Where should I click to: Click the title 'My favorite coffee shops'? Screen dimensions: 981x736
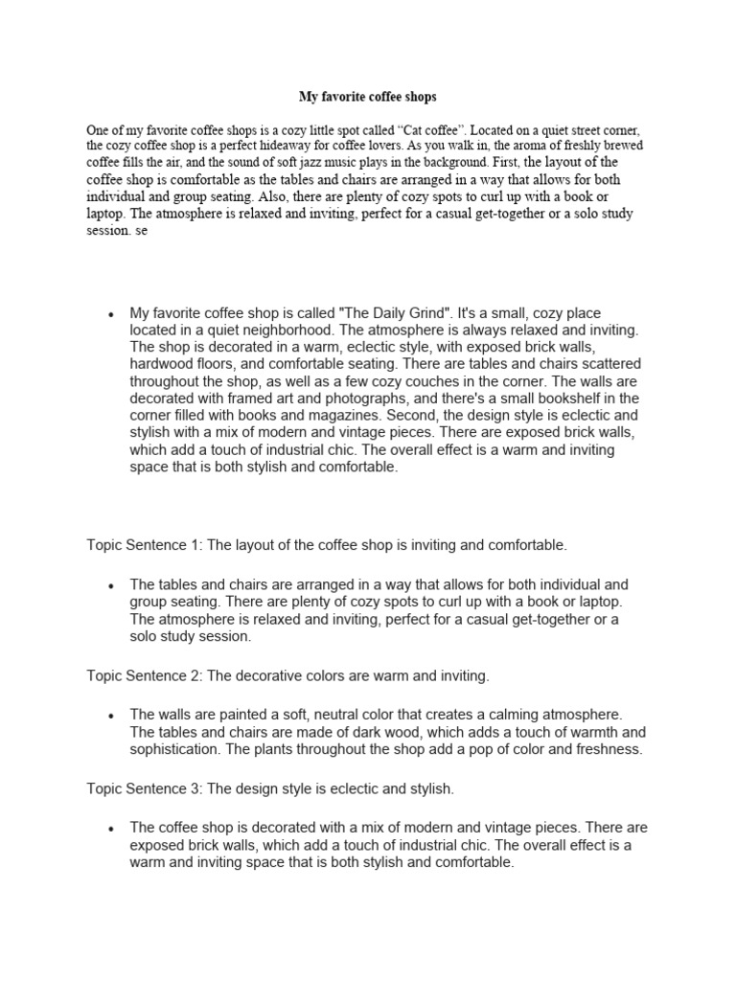[368, 97]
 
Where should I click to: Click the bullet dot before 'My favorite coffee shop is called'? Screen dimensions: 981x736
[111, 314]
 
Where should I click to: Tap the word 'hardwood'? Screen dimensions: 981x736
[159, 365]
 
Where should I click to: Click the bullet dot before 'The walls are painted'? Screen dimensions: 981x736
[111, 716]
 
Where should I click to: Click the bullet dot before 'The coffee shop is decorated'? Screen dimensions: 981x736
[111, 829]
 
